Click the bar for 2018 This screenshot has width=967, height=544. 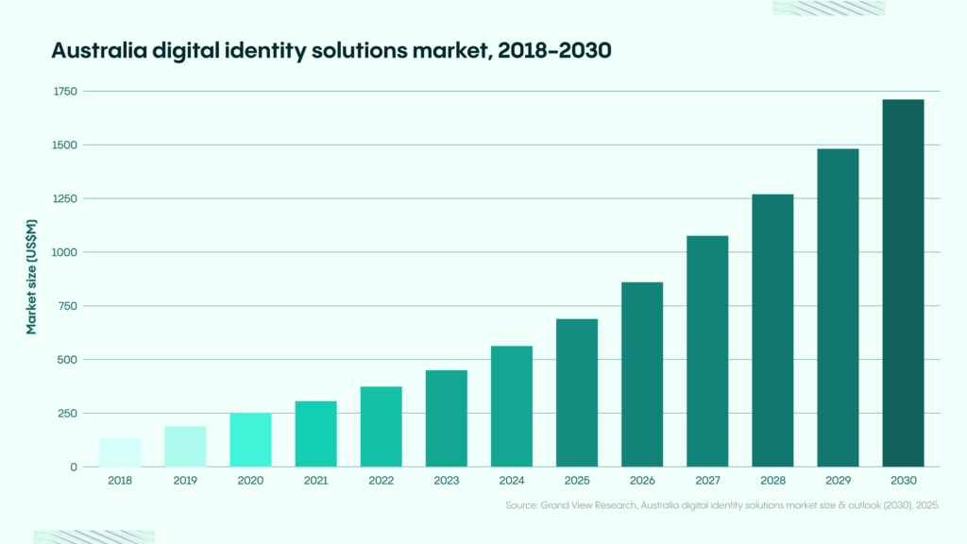[x=120, y=452]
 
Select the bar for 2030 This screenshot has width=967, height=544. [x=903, y=283]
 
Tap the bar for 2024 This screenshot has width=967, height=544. [x=512, y=406]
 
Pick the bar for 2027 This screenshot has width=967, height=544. [x=707, y=351]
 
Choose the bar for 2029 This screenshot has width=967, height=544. [x=838, y=308]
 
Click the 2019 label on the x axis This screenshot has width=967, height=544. [x=185, y=481]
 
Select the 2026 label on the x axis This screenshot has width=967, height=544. [x=642, y=481]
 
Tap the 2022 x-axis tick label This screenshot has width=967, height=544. [x=381, y=481]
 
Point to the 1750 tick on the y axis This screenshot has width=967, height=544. [x=65, y=92]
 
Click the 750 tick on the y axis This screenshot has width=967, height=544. [x=68, y=306]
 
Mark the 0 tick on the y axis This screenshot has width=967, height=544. [x=74, y=467]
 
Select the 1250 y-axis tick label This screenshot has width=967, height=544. [x=65, y=198]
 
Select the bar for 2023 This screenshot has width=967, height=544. [x=447, y=418]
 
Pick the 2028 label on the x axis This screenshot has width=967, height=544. [x=772, y=481]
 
